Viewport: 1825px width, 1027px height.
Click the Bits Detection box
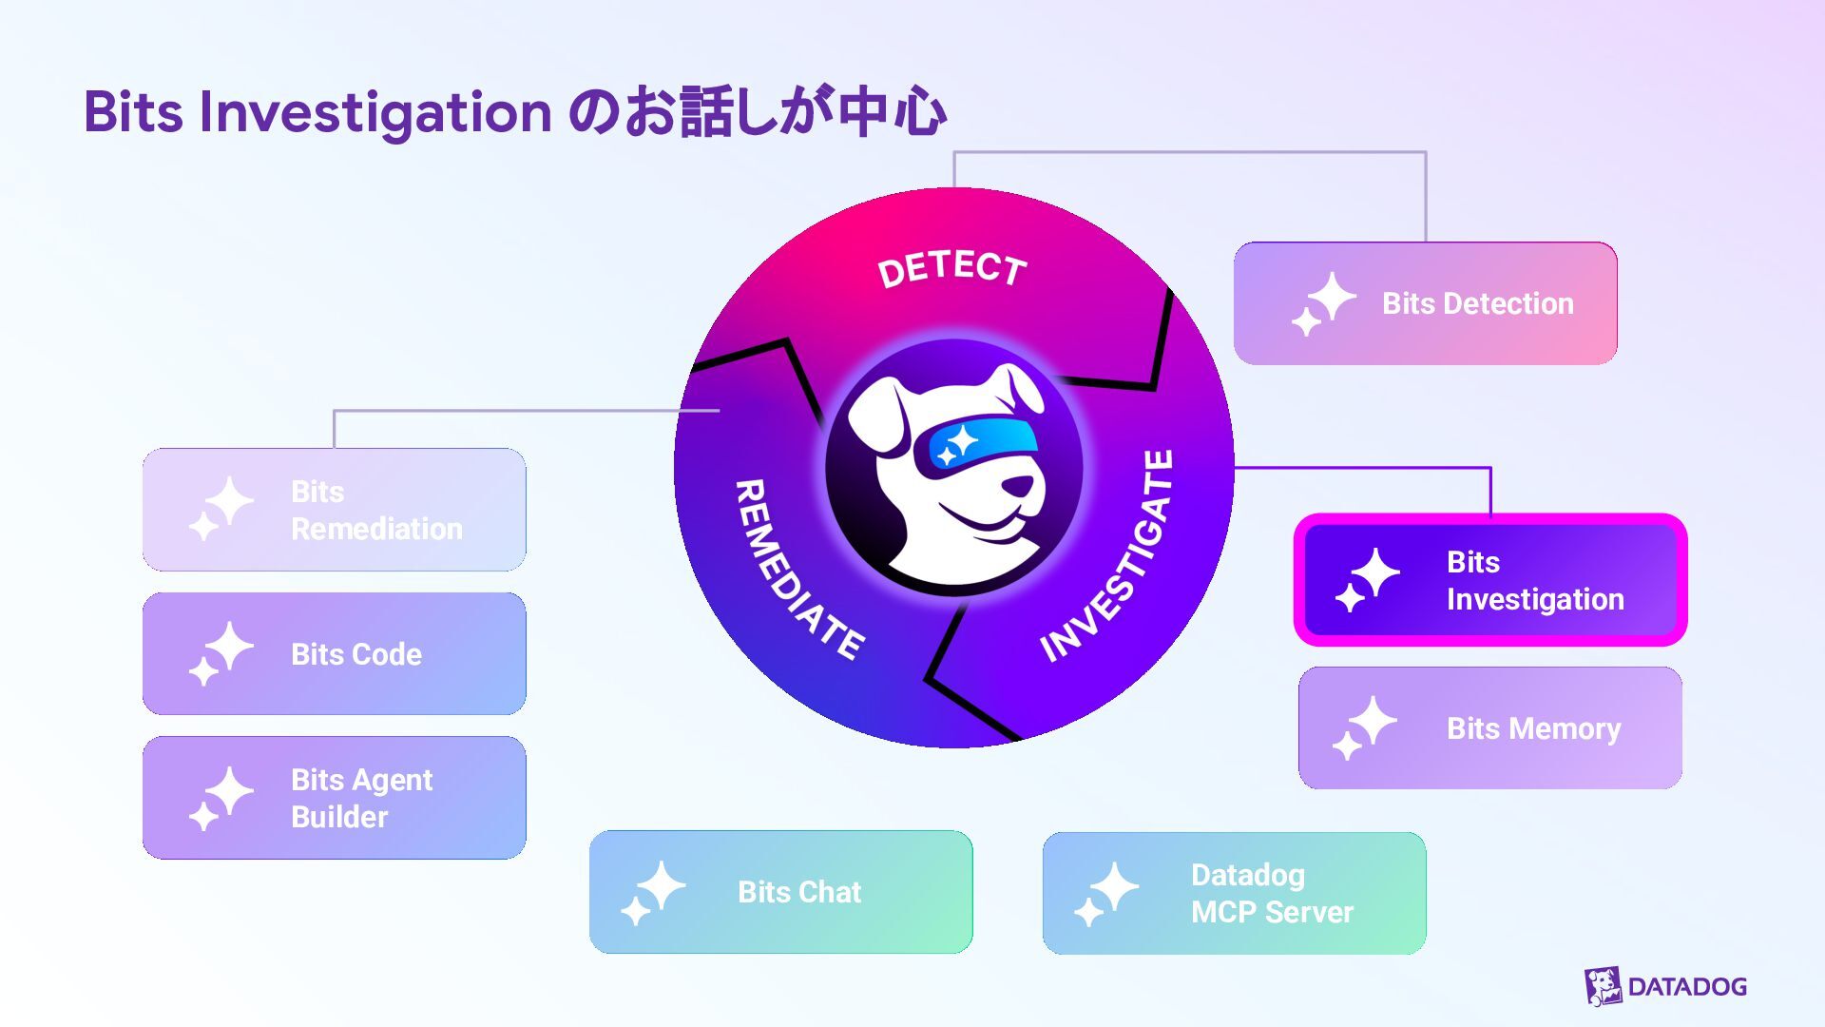[x=1425, y=303]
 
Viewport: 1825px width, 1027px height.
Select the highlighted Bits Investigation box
[x=1490, y=580]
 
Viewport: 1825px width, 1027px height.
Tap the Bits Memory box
[x=1490, y=727]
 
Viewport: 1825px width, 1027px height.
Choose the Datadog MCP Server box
[x=1234, y=893]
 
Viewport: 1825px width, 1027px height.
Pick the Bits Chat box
[x=780, y=892]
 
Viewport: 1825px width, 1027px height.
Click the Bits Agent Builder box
[x=334, y=798]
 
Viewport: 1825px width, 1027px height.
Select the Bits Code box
[x=334, y=653]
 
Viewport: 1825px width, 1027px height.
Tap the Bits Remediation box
[x=334, y=510]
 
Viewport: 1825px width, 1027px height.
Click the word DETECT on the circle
[x=952, y=269]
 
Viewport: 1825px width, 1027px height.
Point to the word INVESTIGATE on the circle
[x=1108, y=555]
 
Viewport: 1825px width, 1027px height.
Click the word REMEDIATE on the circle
[x=798, y=570]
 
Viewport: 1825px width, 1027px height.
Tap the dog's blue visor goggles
[x=976, y=444]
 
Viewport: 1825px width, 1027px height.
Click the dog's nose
[x=1019, y=485]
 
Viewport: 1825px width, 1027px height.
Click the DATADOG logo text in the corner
[x=1687, y=986]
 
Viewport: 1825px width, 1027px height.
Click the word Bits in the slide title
[x=133, y=111]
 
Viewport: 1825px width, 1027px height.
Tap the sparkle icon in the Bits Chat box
[x=653, y=893]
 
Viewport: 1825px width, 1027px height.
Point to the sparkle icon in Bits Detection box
[x=1323, y=303]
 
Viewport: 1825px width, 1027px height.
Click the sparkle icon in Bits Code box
[x=221, y=653]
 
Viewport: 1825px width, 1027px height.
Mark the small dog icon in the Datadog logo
[x=1603, y=986]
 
